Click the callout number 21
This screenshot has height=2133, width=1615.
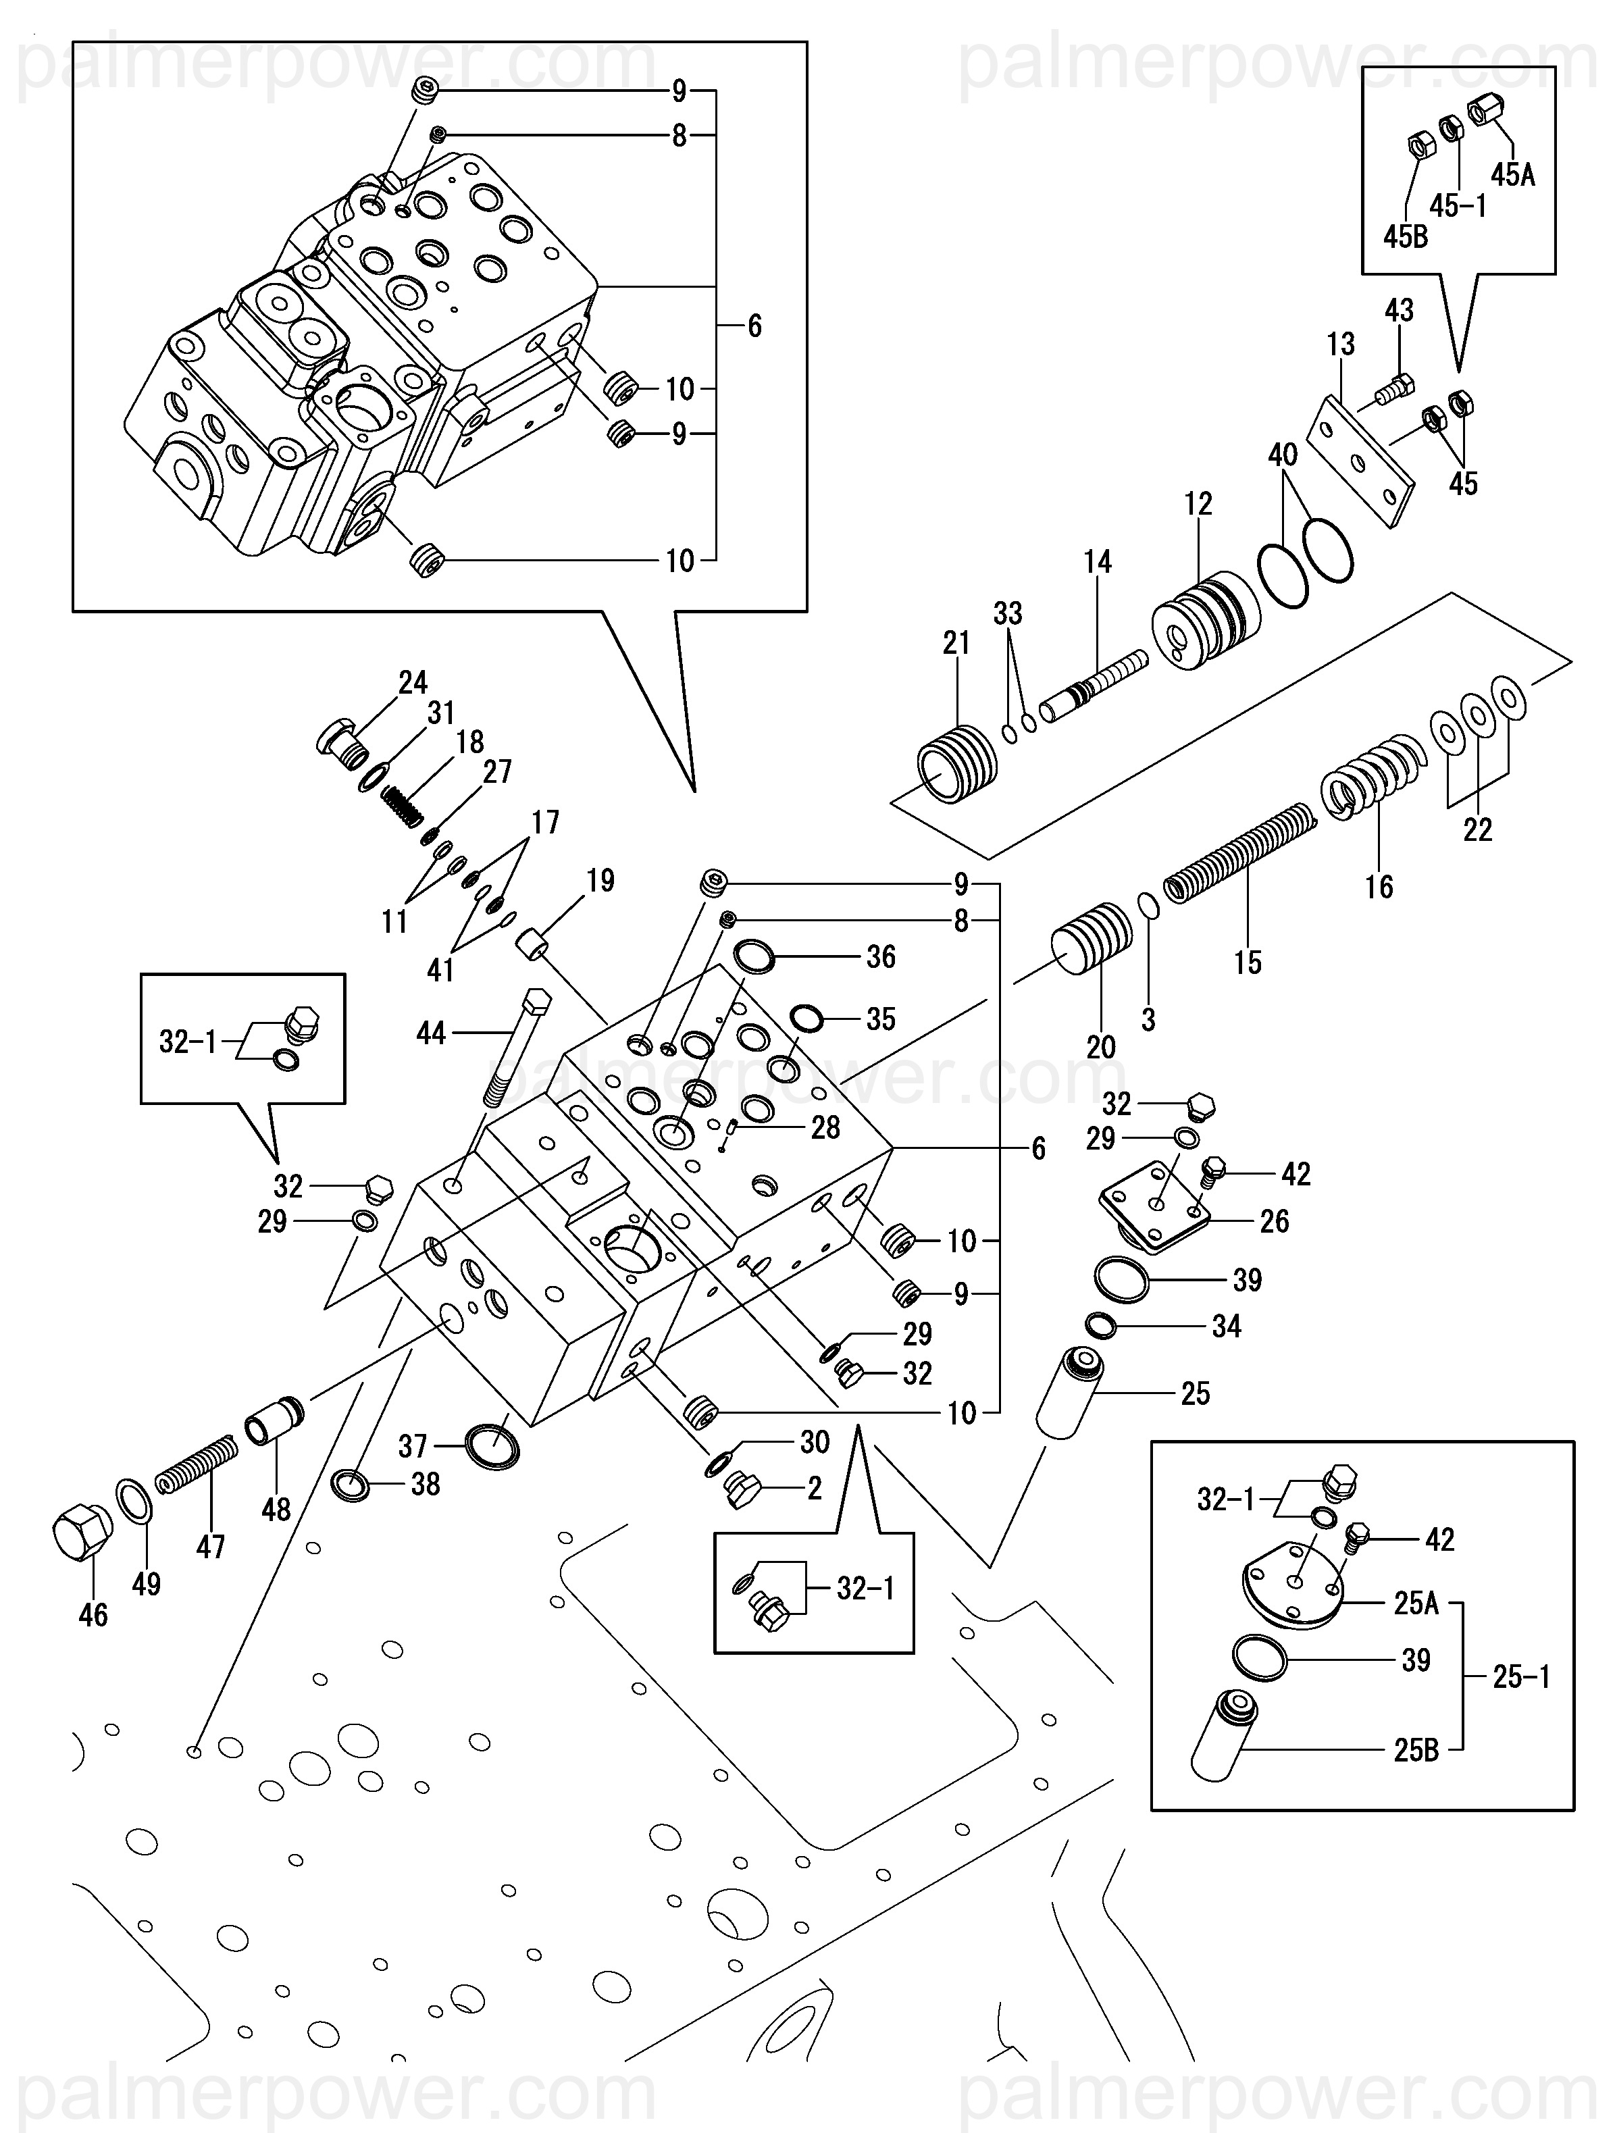coord(956,643)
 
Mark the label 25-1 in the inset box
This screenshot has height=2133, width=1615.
coord(1520,1678)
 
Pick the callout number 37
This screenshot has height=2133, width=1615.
coord(413,1447)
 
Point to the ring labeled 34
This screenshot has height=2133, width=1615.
coord(1101,1326)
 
